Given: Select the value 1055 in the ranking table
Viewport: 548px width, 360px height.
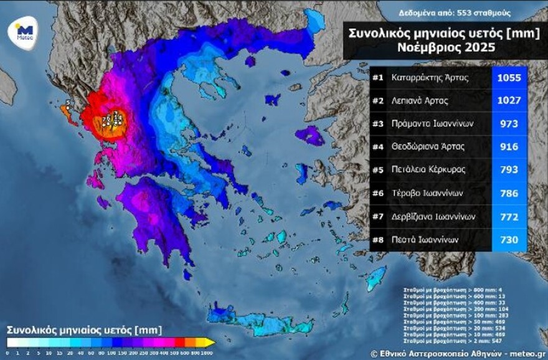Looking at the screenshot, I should click(509, 78).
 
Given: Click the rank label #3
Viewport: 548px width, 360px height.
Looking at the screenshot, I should click(377, 124).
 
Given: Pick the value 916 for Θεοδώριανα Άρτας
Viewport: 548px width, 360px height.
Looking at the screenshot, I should click(509, 147).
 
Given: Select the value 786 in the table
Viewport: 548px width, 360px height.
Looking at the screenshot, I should click(509, 193).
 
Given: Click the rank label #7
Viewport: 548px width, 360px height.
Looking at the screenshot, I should click(377, 216).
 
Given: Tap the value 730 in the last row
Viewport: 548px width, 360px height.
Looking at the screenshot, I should click(509, 239).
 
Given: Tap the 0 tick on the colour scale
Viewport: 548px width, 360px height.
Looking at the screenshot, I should click(7, 353).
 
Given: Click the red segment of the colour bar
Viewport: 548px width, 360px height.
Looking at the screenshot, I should click(179, 343).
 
